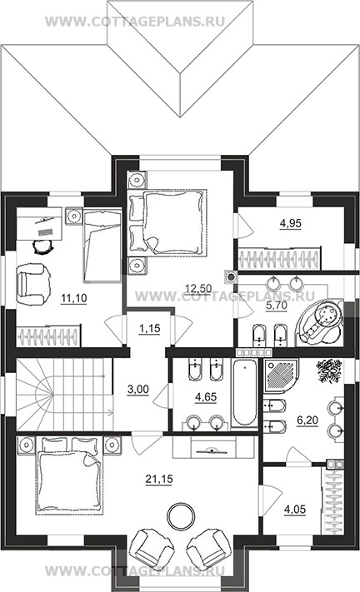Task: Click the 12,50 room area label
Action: coord(198,289)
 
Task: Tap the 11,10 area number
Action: coord(73,298)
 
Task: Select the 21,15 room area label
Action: coord(159,479)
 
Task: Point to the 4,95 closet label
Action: coord(290,223)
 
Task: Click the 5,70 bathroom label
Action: coord(277,306)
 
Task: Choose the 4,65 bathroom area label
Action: coord(206,397)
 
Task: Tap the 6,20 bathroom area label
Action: coord(307,420)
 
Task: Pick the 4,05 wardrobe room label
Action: coord(295,510)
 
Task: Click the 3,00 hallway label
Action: coord(138,390)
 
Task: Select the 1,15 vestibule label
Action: coord(150,328)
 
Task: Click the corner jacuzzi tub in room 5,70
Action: coord(320,324)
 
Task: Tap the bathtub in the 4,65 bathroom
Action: coord(244,394)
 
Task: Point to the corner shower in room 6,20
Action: coord(282,376)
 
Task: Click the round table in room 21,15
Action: coord(182,516)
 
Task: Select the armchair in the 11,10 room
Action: coord(33,284)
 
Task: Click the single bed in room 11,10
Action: coord(102,246)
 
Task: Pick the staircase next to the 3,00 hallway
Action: coord(64,395)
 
